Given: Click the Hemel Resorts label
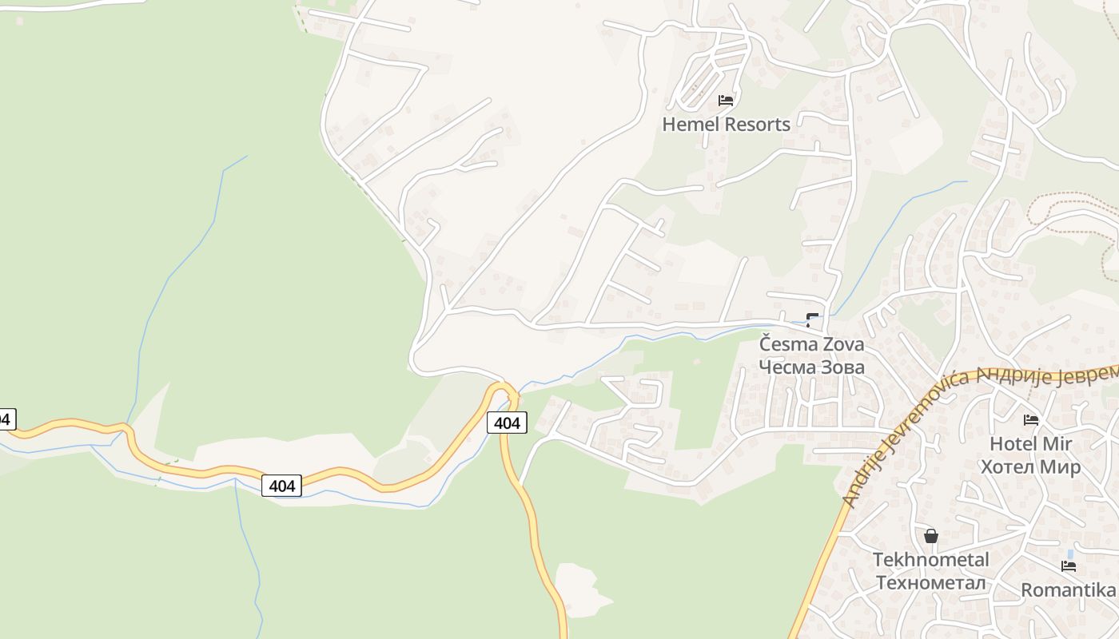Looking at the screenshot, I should point(726,125).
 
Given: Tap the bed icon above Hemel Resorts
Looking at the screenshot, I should point(726,101).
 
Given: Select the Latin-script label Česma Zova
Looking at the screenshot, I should point(811,345).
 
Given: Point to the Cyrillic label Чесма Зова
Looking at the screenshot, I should point(811,367).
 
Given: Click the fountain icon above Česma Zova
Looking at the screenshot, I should point(813,321).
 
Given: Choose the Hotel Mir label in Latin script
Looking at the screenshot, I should point(1030,444).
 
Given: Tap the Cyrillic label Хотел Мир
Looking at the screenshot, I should point(1030,466).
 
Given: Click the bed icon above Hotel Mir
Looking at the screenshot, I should point(1031,420).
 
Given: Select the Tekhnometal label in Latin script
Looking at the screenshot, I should point(930,560).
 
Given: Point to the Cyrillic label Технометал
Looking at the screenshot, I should point(930,582).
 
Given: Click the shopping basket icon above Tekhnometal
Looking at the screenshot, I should point(930,536).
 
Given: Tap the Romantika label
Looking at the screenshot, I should point(1068,590).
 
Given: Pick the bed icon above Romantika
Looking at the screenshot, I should point(1069,566).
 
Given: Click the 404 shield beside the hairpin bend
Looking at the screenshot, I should point(507,423).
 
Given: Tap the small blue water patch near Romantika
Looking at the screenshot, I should point(1070,553).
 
